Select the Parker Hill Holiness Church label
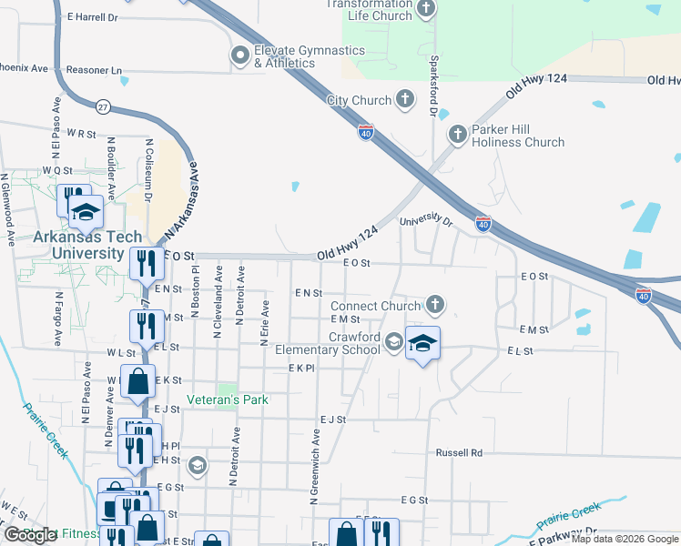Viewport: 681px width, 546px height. pos(517,136)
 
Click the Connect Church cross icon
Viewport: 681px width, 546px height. pos(435,306)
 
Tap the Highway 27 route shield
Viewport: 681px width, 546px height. pos(104,107)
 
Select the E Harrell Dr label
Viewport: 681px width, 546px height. pos(93,17)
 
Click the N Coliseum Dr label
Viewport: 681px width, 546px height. pos(147,170)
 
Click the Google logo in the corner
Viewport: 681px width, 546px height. pos(30,534)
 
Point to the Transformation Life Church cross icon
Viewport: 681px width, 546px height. pos(425,10)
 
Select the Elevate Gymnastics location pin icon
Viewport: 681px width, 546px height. pos(240,56)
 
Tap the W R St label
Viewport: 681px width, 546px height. pos(81,133)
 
